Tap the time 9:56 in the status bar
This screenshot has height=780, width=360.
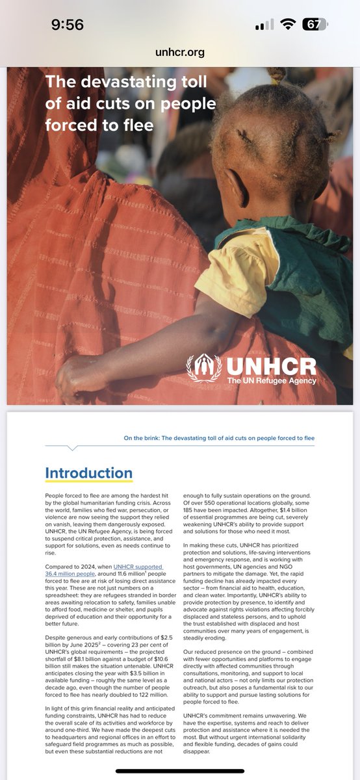pos(68,25)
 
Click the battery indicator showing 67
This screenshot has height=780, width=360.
pos(315,25)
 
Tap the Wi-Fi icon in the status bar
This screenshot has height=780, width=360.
pos(287,25)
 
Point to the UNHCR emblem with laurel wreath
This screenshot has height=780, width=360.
pos(204,368)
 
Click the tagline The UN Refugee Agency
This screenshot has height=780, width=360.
pos(272,380)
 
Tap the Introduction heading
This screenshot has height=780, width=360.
pos(88,473)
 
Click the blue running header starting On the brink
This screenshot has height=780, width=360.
pos(219,438)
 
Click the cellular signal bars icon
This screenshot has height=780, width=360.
pos(264,25)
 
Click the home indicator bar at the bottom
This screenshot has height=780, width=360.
pos(180,772)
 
